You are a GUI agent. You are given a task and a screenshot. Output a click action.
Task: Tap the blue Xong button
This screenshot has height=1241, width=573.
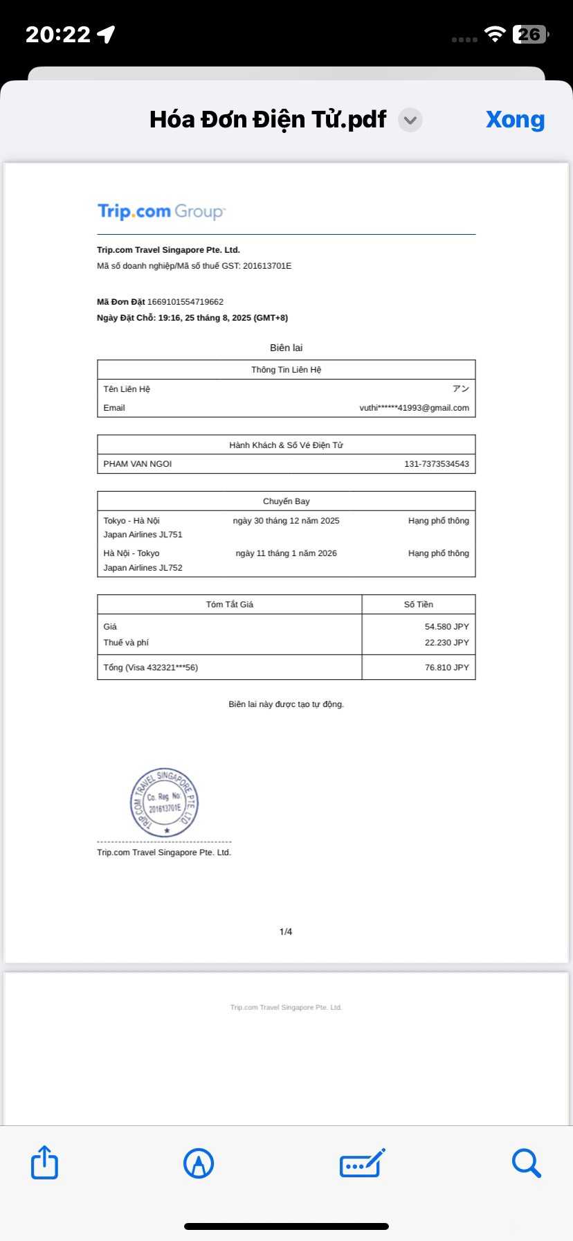[x=515, y=119]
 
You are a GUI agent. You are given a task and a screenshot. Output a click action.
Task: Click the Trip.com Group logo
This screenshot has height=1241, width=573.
[x=161, y=211]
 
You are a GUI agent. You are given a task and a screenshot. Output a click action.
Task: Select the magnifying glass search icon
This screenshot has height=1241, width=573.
[x=526, y=1163]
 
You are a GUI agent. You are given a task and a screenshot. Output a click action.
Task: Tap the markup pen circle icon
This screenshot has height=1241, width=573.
[x=199, y=1163]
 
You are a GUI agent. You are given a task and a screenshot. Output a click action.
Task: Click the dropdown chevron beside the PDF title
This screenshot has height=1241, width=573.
[x=410, y=120]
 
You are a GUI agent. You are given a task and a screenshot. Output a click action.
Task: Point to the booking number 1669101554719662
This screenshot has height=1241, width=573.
[x=185, y=302]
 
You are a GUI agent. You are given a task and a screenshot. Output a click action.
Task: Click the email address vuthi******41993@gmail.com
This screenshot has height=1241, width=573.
[x=414, y=408]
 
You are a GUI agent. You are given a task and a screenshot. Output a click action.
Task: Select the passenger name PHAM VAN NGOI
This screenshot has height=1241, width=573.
[x=138, y=464]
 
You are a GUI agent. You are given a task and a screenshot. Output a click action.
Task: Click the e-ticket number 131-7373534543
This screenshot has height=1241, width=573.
[x=437, y=464]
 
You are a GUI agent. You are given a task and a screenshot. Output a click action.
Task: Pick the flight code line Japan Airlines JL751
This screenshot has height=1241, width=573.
[x=143, y=535]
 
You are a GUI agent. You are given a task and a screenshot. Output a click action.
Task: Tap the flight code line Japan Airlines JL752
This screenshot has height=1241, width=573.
[x=143, y=568]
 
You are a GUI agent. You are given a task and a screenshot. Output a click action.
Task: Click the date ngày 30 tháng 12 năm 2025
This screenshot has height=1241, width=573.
[x=286, y=521]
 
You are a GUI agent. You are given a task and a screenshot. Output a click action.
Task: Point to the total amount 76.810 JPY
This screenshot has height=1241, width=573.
[x=446, y=668]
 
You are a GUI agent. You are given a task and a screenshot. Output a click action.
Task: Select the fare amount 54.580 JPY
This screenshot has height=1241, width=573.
[x=446, y=627]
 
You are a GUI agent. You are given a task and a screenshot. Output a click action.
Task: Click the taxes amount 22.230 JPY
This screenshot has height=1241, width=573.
[x=446, y=643]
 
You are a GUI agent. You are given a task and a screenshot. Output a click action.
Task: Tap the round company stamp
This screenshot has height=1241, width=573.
[x=164, y=803]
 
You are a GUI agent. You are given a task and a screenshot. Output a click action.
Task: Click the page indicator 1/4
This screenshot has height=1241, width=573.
[x=286, y=931]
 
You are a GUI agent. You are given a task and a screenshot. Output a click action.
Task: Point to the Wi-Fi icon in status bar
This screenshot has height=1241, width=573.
[x=495, y=35]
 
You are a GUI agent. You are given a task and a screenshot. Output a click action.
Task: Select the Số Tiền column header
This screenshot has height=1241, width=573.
[x=419, y=605]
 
